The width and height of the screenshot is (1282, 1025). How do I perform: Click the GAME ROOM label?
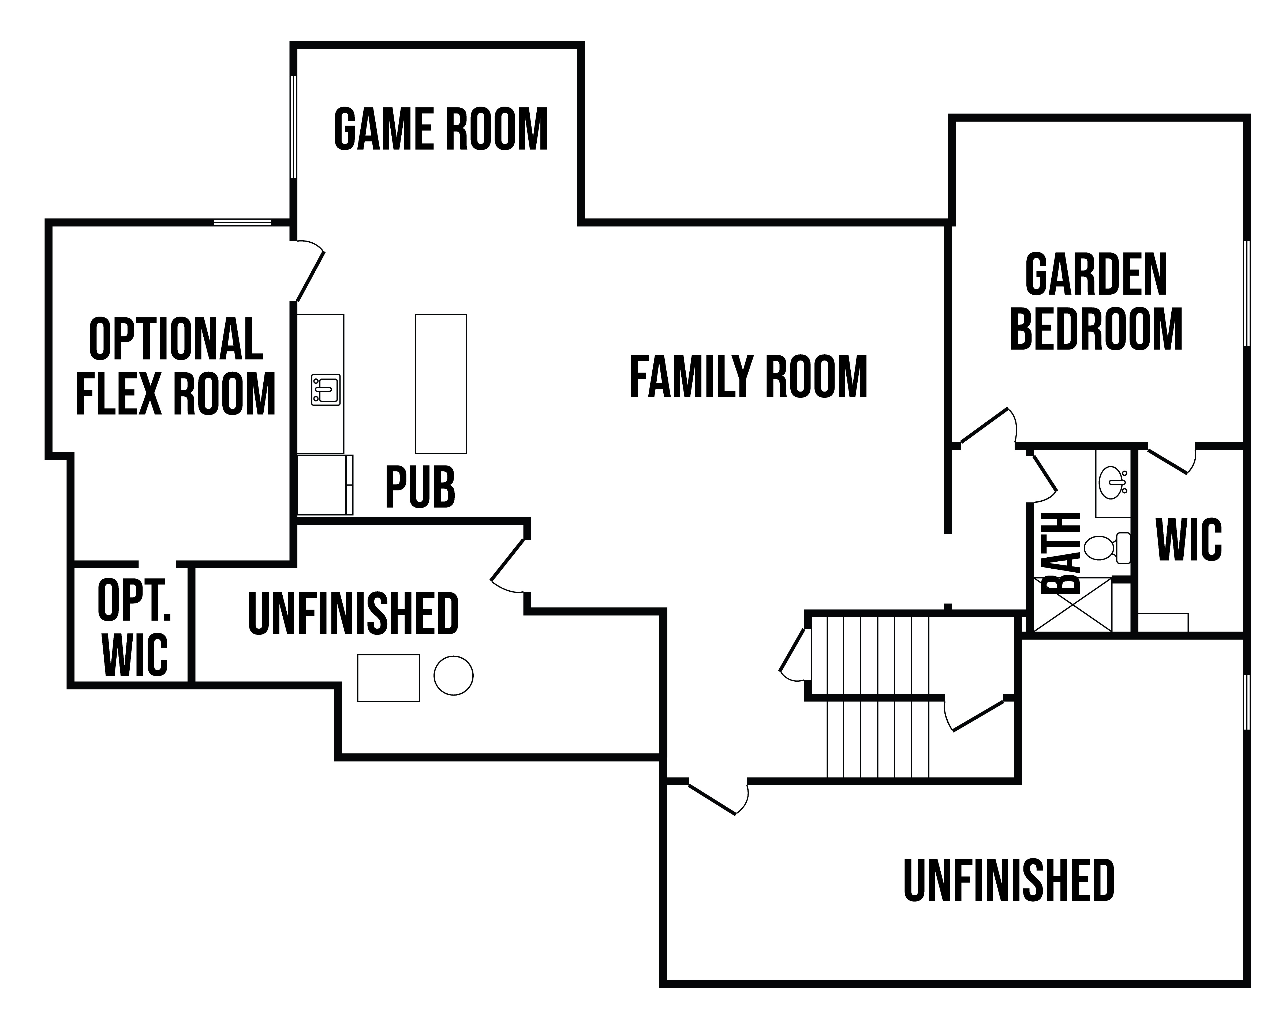(x=441, y=130)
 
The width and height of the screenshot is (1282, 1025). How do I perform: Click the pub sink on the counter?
(x=326, y=390)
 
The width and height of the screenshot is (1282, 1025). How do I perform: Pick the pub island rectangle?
(x=441, y=384)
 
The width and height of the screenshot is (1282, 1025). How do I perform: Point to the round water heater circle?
(x=453, y=675)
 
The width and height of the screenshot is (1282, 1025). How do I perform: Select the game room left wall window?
(x=293, y=127)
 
